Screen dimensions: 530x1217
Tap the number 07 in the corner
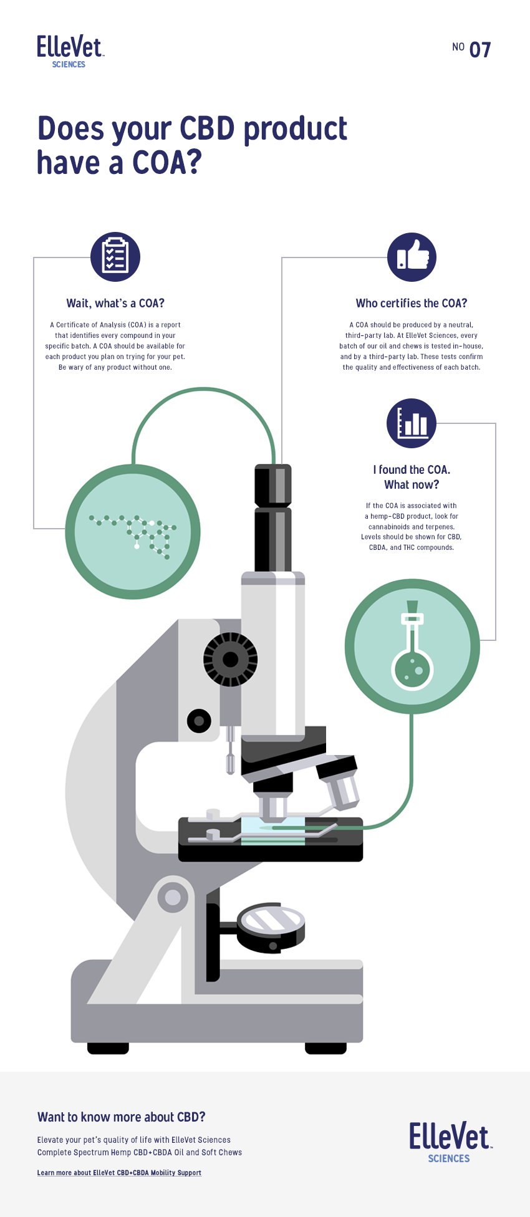[480, 50]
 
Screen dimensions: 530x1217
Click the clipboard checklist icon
[115, 257]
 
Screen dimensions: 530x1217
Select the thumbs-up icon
[412, 257]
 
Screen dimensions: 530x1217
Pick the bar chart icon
[412, 423]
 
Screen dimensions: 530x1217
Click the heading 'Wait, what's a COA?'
[115, 304]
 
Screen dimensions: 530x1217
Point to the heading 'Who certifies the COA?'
[412, 304]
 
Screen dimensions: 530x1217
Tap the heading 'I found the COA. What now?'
[412, 477]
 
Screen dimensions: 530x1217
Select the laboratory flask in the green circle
[412, 645]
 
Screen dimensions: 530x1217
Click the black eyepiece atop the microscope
[273, 517]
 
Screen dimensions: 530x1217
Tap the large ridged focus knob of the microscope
[230, 660]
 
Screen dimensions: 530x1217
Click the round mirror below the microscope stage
[272, 927]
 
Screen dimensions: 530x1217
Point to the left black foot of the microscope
[108, 1048]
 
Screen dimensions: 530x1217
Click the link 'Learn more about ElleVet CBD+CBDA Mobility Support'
[119, 1173]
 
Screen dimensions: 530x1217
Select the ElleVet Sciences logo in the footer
[450, 1142]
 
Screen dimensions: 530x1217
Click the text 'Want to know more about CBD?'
[122, 1117]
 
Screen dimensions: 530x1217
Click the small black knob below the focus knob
[199, 721]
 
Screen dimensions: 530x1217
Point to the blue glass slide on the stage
[273, 830]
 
